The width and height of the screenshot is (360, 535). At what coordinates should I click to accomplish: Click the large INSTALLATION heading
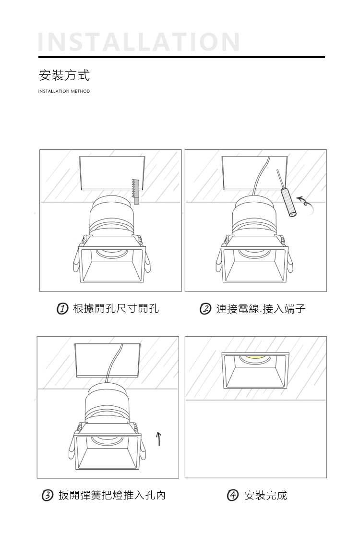pos(139,42)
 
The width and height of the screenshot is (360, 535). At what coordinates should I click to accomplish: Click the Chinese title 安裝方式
pos(64,75)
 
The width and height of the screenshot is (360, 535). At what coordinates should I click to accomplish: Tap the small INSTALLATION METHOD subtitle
pos(64,91)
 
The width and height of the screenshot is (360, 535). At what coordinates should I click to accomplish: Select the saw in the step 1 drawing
pos(135,191)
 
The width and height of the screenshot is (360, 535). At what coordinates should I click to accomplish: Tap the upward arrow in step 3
pos(158,439)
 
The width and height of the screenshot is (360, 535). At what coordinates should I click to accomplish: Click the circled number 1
pos(62,309)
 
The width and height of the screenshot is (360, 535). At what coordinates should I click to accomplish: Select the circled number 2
pos(205,309)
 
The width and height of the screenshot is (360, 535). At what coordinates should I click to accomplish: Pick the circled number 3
pos(47,495)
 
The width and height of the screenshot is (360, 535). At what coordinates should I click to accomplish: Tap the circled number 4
pos(232,495)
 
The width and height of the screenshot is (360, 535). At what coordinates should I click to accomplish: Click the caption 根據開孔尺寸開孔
pos(116,309)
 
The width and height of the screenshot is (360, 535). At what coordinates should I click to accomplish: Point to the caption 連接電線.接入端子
pos(261,309)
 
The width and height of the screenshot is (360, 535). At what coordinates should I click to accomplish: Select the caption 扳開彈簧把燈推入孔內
pos(112,495)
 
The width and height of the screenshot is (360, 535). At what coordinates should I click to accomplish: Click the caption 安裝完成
pos(266,495)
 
